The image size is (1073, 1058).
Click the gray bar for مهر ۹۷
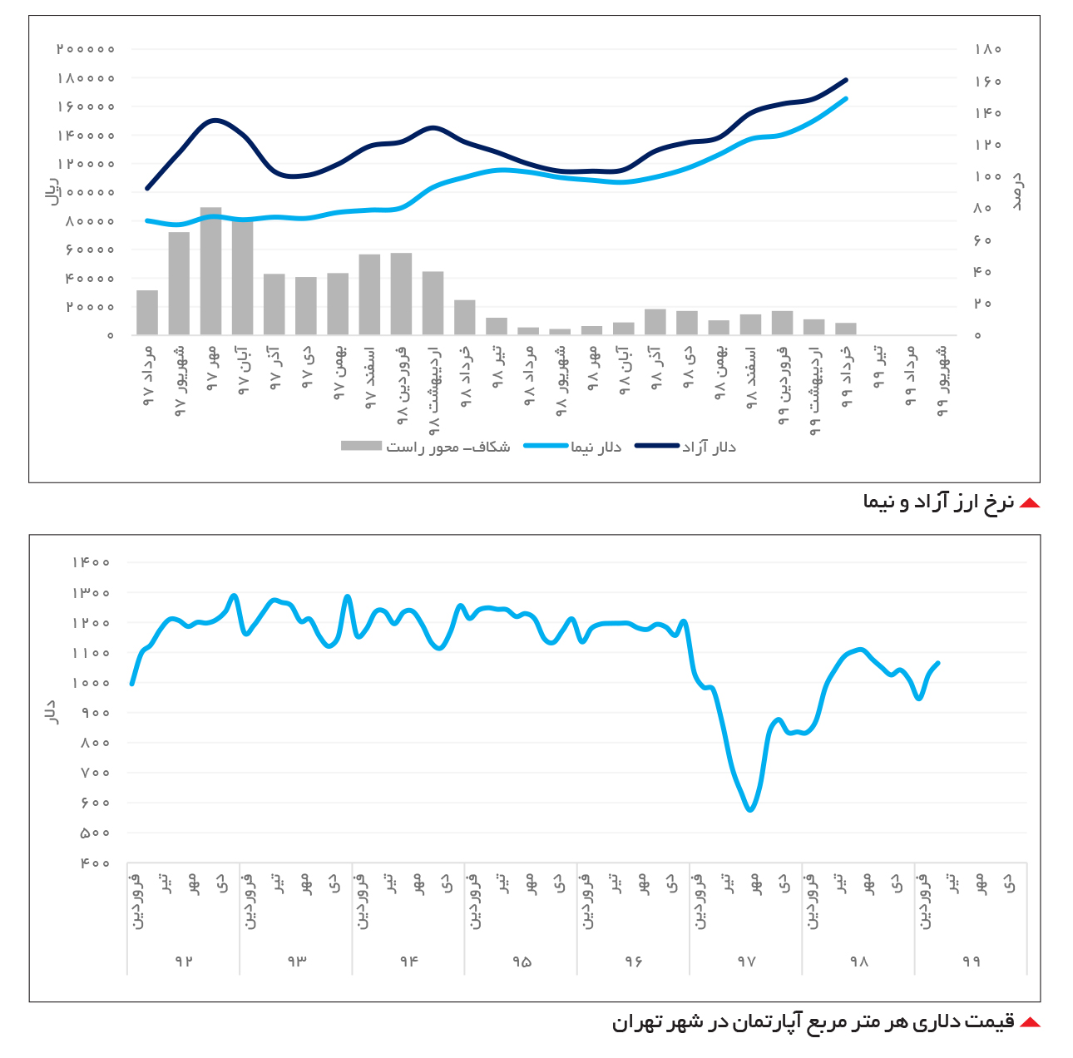[210, 271]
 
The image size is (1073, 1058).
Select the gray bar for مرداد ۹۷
[147, 313]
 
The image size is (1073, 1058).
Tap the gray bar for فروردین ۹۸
[401, 294]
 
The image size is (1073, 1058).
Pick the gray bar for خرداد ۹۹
[846, 329]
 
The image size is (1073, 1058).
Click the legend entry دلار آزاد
[685, 447]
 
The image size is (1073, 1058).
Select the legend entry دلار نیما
[573, 447]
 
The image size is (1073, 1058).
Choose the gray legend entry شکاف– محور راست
[425, 447]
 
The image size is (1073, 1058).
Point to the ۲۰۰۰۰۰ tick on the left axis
[85, 49]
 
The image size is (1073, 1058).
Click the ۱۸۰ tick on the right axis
[988, 49]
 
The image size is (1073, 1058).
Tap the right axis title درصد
[1016, 191]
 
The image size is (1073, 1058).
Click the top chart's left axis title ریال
[52, 191]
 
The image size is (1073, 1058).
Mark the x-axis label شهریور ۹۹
[942, 381]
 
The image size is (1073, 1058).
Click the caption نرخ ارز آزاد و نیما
[938, 502]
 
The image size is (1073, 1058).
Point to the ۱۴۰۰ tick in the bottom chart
[91, 561]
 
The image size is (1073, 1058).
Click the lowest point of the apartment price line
[750, 809]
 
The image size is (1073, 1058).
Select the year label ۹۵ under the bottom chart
[522, 962]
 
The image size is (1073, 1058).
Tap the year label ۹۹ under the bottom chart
[971, 962]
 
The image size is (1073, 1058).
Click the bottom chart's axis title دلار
[51, 712]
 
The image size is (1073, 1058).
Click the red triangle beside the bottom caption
[1030, 1021]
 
